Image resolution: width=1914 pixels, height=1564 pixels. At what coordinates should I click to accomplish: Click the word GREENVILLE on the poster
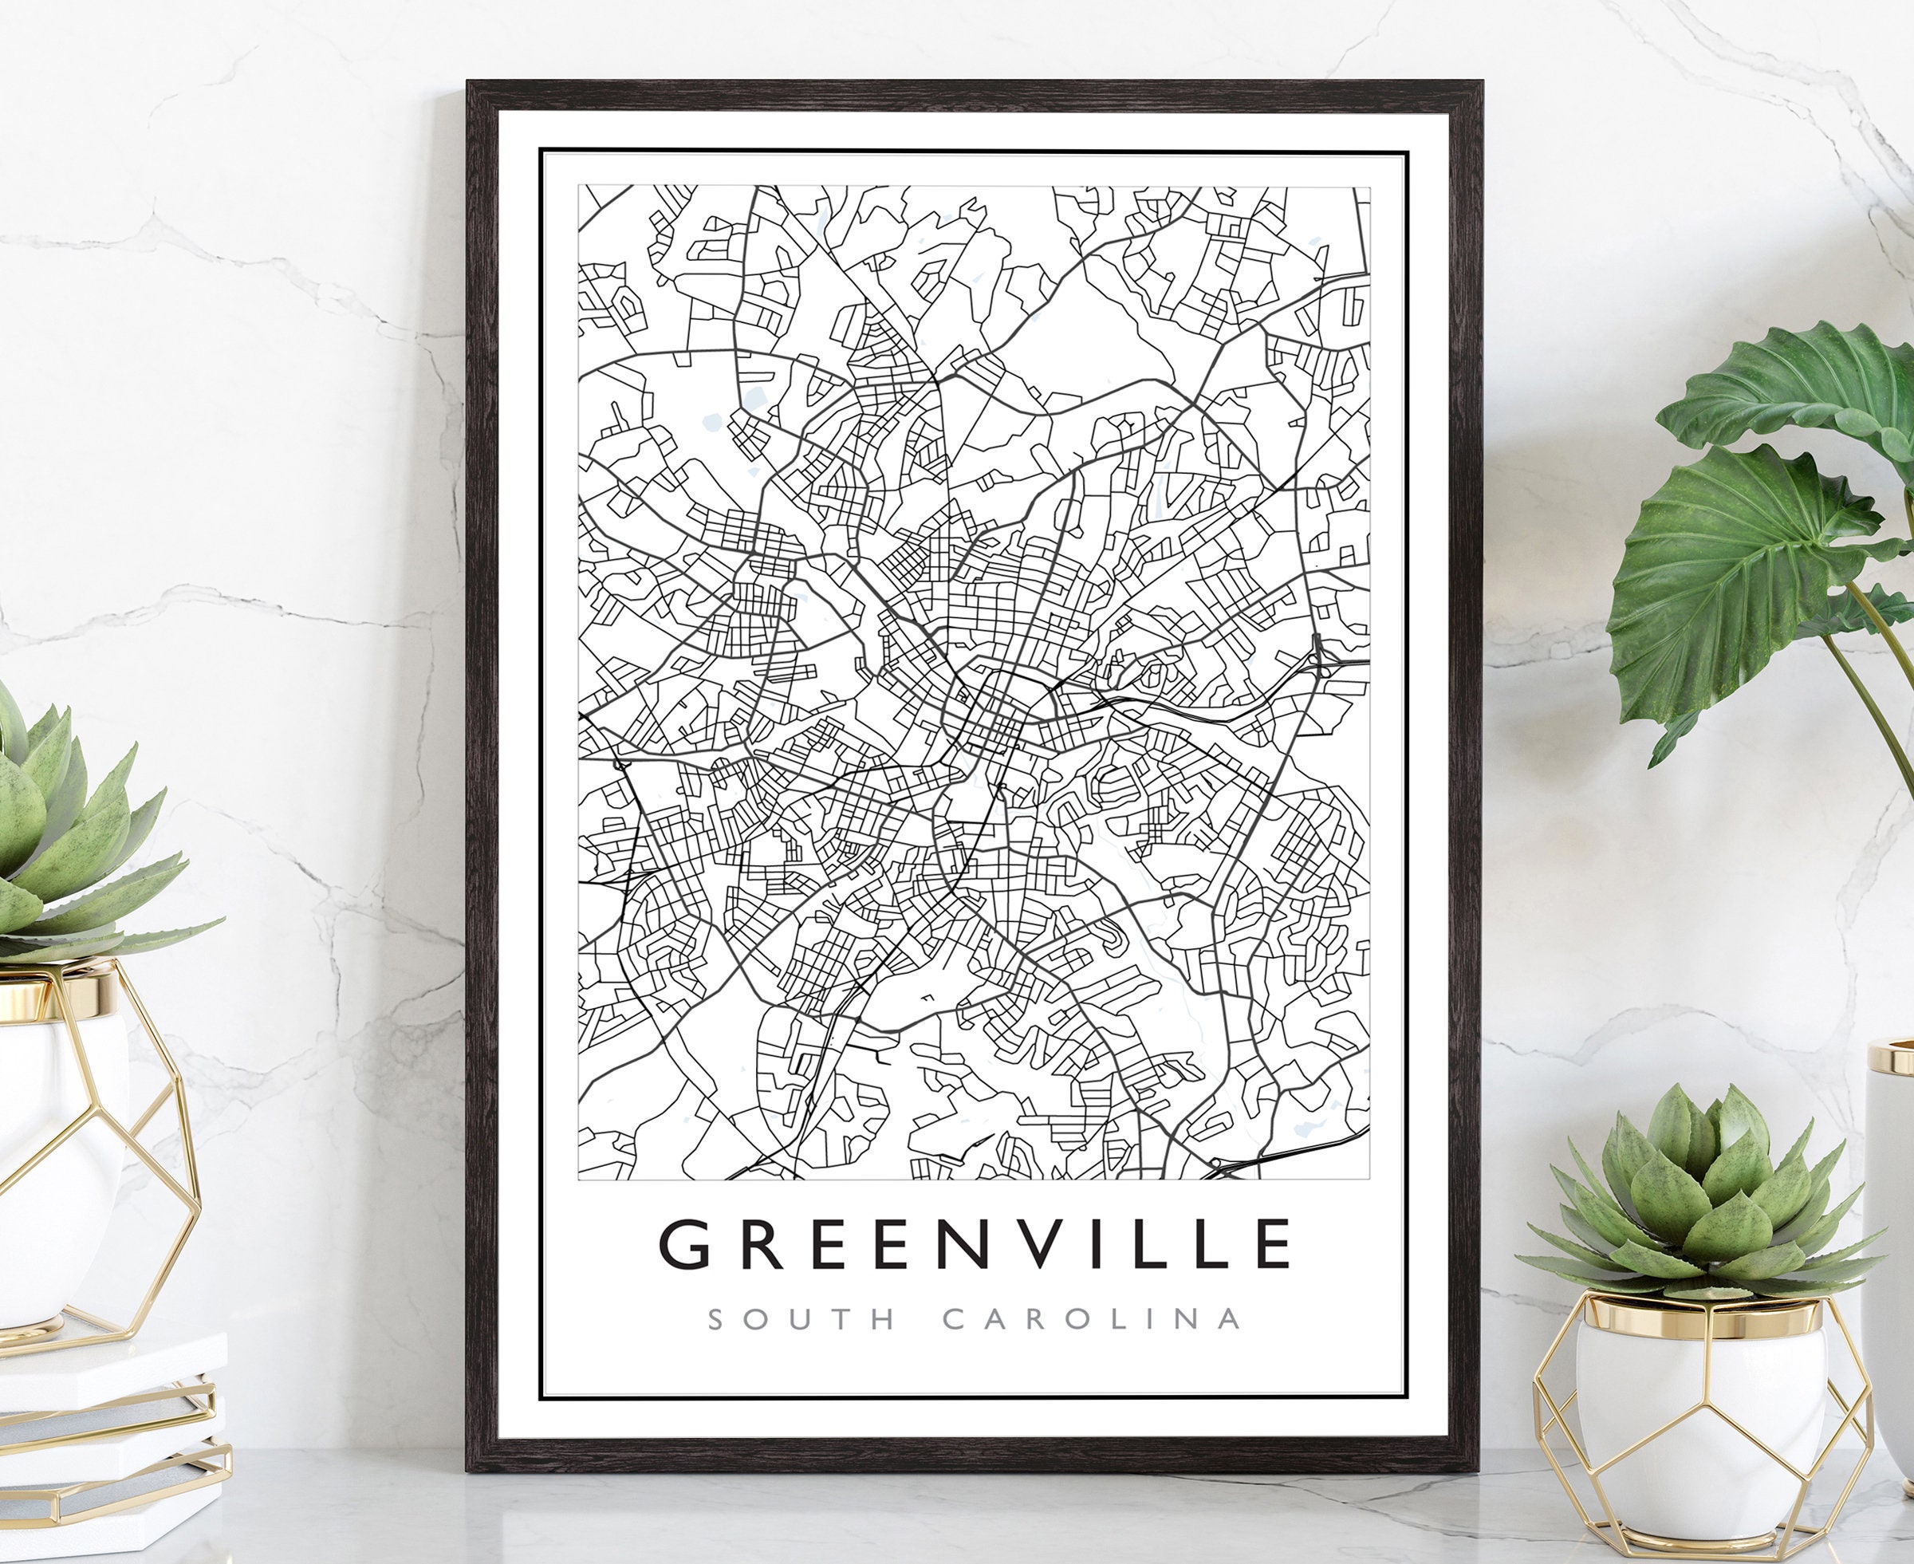pos(975,1244)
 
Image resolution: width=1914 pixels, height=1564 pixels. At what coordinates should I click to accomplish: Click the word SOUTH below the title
pos(802,1320)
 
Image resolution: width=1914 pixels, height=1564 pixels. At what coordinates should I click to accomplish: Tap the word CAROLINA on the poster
pos(1093,1320)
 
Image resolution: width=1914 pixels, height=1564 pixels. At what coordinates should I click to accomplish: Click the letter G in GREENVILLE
pos(682,1244)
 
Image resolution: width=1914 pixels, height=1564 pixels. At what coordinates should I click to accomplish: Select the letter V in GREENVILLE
pos(1016,1244)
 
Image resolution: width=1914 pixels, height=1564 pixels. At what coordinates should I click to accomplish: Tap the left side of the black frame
pos(482,774)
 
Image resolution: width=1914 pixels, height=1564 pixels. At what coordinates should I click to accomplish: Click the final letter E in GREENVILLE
pos(1272,1244)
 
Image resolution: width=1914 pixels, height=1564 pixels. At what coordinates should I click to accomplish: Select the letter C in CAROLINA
pos(956,1320)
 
